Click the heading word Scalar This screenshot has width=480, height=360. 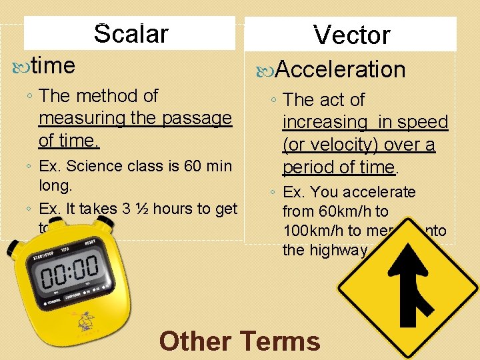coord(131,33)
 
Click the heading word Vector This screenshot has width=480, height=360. coord(351,35)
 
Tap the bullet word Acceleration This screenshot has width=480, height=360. coord(340,69)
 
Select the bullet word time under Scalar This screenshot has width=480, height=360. coord(53,65)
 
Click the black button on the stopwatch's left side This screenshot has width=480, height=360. coord(13,251)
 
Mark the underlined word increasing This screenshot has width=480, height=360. coord(325,123)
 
